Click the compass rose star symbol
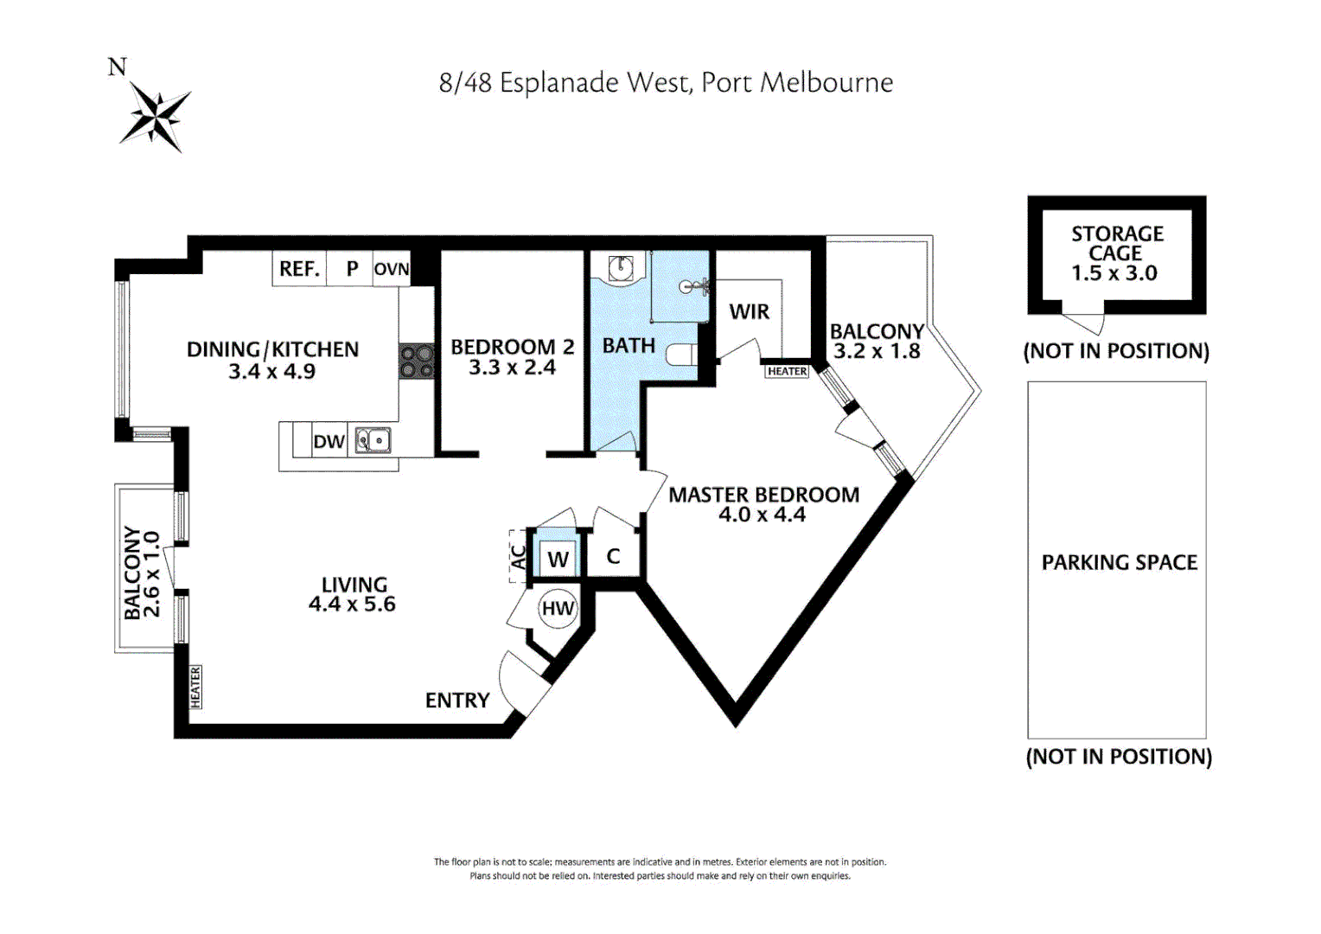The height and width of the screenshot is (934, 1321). pos(155,116)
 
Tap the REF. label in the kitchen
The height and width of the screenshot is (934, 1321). pos(299,269)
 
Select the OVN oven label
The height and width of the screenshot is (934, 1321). pos(391,269)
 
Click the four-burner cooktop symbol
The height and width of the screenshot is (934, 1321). pos(417,361)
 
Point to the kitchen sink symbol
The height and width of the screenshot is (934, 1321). pos(373,441)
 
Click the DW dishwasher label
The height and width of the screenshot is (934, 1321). pos(329,442)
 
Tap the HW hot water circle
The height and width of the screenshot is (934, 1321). pos(558,608)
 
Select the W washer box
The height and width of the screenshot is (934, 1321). pos(558,560)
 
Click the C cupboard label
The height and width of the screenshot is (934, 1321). pos(613,556)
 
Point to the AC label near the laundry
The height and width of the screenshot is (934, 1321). pos(518,557)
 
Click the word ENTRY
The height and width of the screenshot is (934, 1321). pos(457,700)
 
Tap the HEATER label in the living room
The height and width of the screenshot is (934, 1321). pos(195,688)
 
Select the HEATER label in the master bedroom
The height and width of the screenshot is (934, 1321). pos(787,371)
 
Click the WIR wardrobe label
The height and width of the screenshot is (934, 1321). pos(749,311)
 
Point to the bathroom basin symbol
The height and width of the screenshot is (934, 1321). pos(620,268)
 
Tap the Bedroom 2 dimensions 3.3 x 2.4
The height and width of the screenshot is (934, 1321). pos(512,368)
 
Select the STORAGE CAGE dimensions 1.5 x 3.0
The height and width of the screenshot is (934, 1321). pos(1114,273)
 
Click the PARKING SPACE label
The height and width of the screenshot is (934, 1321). pos(1119,563)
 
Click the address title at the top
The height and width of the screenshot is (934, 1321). pos(666,83)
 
